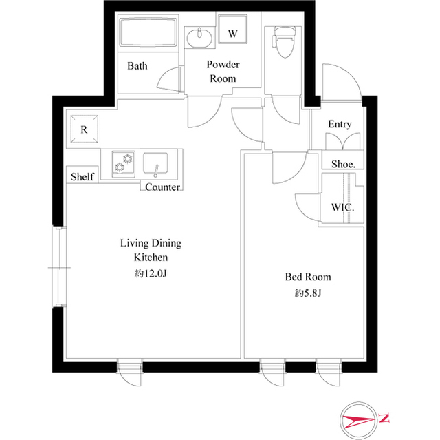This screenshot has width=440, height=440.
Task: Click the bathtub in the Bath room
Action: pyautogui.click(x=148, y=34)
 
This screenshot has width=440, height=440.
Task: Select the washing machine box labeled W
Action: pyautogui.click(x=232, y=33)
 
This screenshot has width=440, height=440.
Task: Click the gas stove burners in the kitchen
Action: pyautogui.click(x=123, y=165)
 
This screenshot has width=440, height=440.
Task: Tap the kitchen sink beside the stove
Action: pyautogui.click(x=157, y=165)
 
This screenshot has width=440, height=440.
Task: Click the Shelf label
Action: pyautogui.click(x=82, y=177)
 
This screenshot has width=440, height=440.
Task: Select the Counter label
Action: pyautogui.click(x=163, y=187)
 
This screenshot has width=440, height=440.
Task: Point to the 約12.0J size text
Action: pyautogui.click(x=151, y=273)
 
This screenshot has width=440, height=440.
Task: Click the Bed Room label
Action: pyautogui.click(x=308, y=277)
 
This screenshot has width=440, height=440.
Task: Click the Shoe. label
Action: pyautogui.click(x=343, y=164)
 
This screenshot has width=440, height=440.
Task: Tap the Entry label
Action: pyautogui.click(x=340, y=124)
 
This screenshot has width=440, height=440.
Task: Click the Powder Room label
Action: pyautogui.click(x=223, y=72)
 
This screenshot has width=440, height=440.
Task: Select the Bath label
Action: pyautogui.click(x=137, y=66)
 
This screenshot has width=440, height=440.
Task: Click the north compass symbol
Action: pyautogui.click(x=364, y=418)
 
